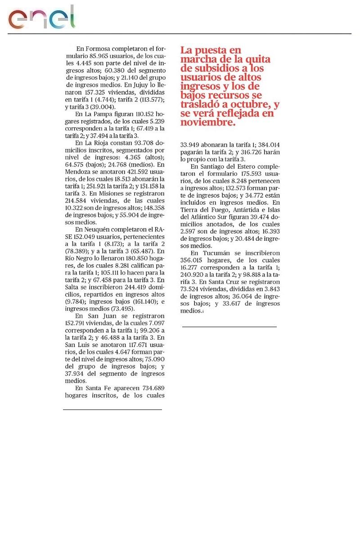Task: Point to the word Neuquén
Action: point(97,229)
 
